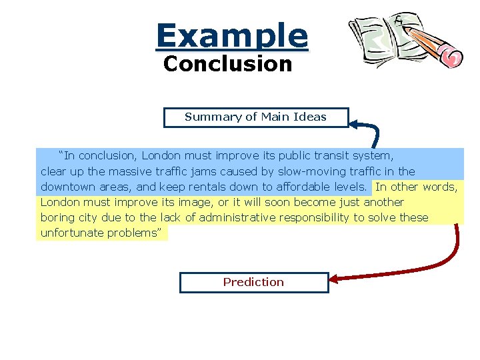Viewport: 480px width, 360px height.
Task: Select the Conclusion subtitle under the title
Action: click(x=227, y=65)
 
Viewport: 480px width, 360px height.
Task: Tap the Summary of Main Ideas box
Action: click(x=255, y=117)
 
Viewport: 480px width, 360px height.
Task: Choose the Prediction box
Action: click(x=253, y=282)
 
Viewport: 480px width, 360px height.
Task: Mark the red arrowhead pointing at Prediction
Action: click(x=335, y=279)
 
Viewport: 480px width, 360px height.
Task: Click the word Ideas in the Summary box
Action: click(x=311, y=117)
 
